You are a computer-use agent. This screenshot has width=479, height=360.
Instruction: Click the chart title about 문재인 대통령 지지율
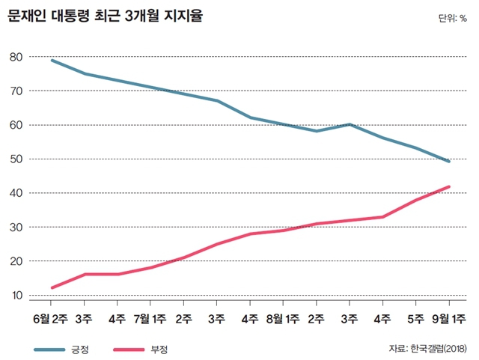(105, 16)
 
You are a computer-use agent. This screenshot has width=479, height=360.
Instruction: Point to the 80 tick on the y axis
(16, 57)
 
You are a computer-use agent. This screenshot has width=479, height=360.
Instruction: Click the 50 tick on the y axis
(16, 159)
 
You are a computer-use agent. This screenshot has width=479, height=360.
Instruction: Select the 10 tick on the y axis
(16, 296)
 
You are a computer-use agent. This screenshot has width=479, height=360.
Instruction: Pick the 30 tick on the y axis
(16, 228)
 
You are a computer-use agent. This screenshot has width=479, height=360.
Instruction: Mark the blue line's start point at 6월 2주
(51, 60)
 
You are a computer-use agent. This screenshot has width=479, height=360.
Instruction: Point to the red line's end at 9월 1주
(449, 186)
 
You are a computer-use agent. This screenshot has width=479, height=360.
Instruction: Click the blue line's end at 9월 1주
(449, 162)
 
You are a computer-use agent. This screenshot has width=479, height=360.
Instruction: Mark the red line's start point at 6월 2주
(51, 288)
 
